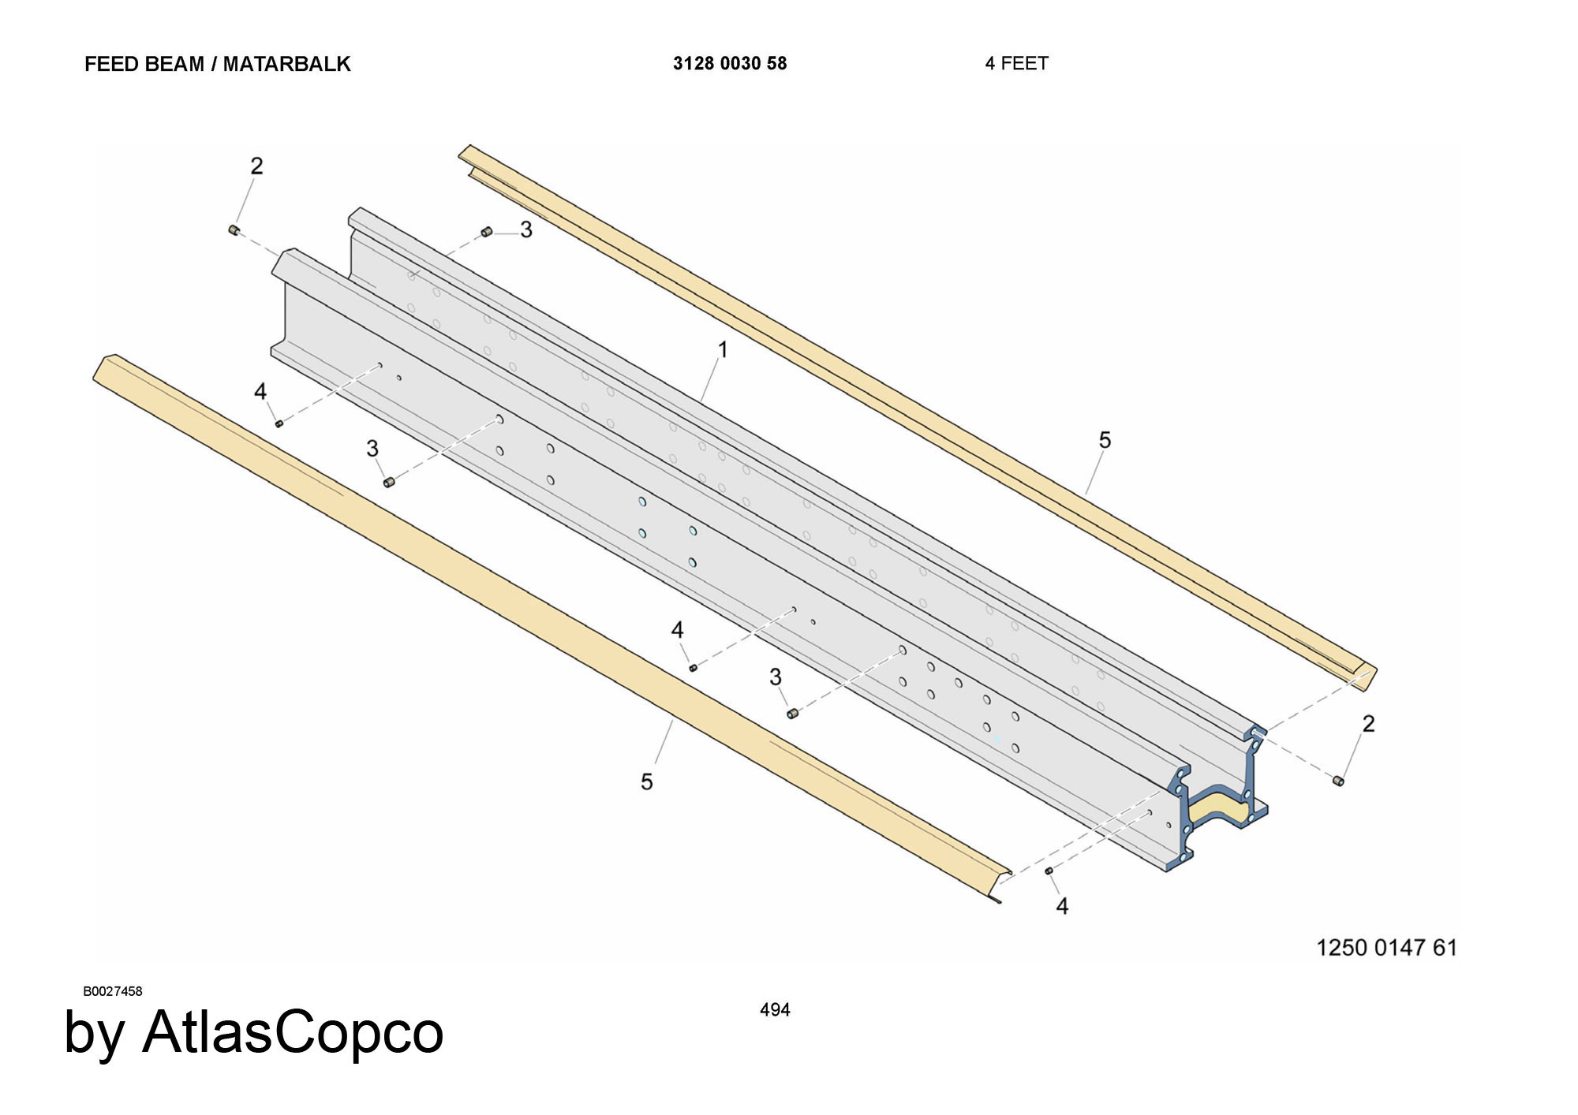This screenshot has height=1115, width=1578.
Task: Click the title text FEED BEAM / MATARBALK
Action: [217, 64]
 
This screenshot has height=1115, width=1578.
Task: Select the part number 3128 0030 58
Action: [730, 64]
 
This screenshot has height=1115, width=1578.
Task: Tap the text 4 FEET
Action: [1016, 64]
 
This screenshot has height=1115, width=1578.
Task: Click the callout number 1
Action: [722, 349]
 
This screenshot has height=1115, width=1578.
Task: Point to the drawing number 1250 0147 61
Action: [1386, 947]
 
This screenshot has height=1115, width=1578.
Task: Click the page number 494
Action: [775, 1009]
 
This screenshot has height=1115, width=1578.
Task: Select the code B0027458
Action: [113, 991]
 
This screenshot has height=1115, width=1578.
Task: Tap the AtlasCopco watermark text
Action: [253, 1031]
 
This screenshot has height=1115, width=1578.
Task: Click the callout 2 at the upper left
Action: [256, 166]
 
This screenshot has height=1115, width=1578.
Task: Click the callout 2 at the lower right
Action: [1368, 723]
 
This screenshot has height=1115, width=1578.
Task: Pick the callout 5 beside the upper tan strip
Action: [1105, 440]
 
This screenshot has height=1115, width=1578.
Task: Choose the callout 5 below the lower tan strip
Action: [647, 781]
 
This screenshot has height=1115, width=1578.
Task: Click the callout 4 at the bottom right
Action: [1062, 907]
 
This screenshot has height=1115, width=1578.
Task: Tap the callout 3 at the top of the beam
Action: [526, 229]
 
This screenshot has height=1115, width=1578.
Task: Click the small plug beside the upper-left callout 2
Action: [234, 229]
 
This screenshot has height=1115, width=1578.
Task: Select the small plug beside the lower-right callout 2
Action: [1338, 781]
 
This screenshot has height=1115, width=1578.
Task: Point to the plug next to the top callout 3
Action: [487, 232]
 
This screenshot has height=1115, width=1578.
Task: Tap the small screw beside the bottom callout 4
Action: [1049, 871]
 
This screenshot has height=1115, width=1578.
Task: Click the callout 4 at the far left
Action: [260, 391]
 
